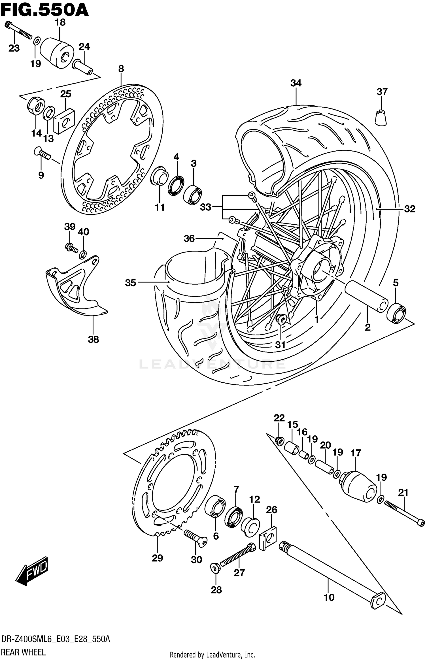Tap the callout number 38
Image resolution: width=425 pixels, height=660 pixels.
pyautogui.click(x=93, y=339)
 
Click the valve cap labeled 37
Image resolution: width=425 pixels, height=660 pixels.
pyautogui.click(x=381, y=117)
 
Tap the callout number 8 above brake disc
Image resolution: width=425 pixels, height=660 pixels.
pyautogui.click(x=121, y=69)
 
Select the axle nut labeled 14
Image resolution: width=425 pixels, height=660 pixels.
pyautogui.click(x=36, y=106)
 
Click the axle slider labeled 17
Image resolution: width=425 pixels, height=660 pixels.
pyautogui.click(x=358, y=486)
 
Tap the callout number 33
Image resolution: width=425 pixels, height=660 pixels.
pyautogui.click(x=206, y=207)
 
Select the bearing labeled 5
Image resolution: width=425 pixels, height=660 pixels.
pyautogui.click(x=396, y=313)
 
